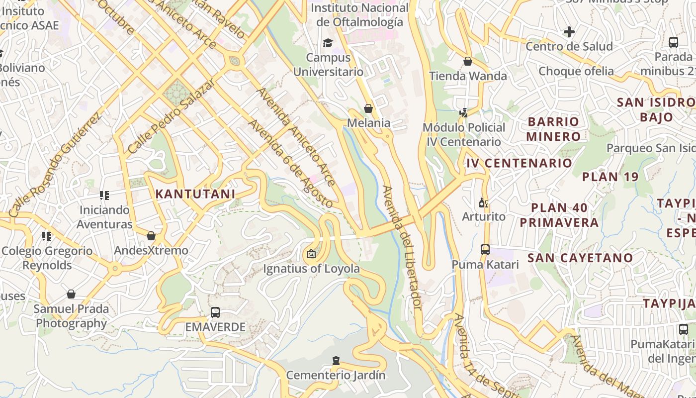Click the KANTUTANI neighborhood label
[195, 194]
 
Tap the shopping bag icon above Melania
[368, 108]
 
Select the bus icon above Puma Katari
[485, 249]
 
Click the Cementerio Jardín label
[336, 375]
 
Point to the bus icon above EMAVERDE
[215, 312]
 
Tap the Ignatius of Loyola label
[311, 269]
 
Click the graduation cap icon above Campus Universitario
[328, 43]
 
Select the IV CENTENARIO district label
[519, 163]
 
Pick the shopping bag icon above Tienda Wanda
[468, 61]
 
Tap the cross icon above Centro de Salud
[569, 32]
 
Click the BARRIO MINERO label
[553, 129]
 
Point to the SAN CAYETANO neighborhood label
[580, 258]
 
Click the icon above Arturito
[482, 202]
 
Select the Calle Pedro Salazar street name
[171, 116]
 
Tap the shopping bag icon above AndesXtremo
[151, 236]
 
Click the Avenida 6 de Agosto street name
[290, 164]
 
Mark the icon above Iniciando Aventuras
[104, 196]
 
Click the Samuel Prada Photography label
[71, 316]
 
